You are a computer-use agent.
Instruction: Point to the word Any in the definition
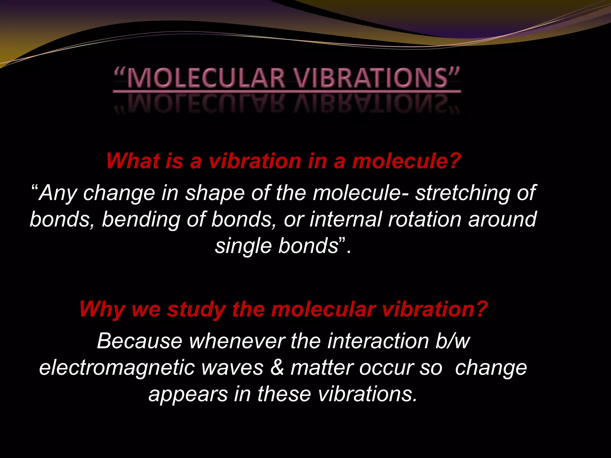pos(58,194)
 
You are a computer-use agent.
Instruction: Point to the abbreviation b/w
pos(452,341)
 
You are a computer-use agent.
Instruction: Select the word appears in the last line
pos(188,394)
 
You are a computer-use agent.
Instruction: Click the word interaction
pos(378,341)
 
